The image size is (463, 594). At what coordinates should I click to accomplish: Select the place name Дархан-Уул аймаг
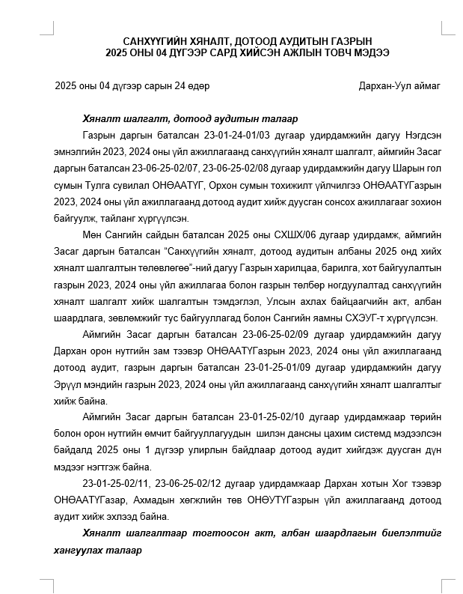click(401, 86)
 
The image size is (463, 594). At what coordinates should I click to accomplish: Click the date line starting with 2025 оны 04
click(132, 86)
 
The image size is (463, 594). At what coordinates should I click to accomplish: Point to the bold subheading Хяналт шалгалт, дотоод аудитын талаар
click(191, 119)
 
